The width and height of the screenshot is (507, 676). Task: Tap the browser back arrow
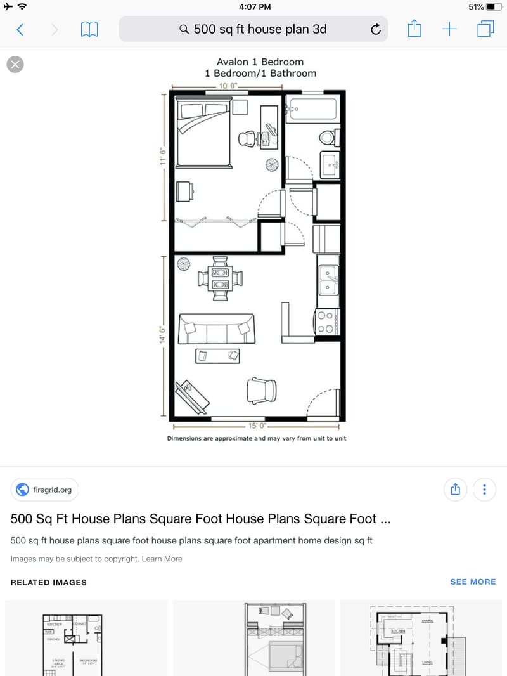tap(20, 29)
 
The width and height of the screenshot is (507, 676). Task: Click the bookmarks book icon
tap(89, 29)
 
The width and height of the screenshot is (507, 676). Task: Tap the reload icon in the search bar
tap(375, 29)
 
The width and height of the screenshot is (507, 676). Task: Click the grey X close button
tap(15, 64)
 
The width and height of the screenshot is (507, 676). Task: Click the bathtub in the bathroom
tap(312, 110)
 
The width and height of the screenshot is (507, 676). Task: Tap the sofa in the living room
tap(216, 328)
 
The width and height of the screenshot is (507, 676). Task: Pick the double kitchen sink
tap(328, 279)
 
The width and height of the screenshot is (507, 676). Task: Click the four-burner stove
tap(326, 322)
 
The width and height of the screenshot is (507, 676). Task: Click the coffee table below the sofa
tap(217, 356)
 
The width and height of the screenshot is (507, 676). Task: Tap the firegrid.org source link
tap(45, 490)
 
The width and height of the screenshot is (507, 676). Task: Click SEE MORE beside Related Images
tap(473, 582)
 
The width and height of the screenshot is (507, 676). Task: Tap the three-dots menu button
tap(484, 490)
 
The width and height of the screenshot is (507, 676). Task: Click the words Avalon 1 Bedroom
tap(260, 62)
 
